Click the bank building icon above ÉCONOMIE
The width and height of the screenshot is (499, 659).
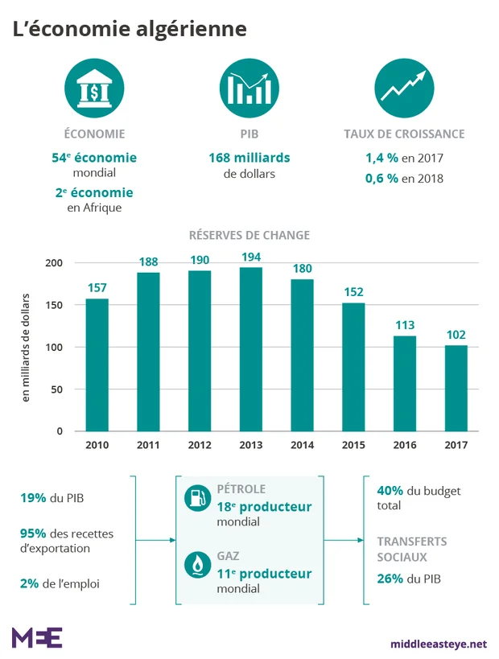pos(94,90)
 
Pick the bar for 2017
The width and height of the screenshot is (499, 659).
pos(456,388)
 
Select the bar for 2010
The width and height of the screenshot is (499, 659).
pos(97,365)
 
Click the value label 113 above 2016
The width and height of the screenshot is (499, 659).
pos(404,324)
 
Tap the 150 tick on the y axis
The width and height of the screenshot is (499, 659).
pos(54,305)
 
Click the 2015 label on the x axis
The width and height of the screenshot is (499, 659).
pos(353,445)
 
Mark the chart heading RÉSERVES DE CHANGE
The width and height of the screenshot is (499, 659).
pos(249,235)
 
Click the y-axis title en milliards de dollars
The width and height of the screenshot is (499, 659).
pos(25,347)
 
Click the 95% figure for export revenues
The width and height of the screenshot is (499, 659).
pos(34,533)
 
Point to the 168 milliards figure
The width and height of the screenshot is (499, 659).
pos(249,158)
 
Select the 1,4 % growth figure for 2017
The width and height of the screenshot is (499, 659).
pos(382,159)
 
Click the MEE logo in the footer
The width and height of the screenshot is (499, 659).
pos(37,637)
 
